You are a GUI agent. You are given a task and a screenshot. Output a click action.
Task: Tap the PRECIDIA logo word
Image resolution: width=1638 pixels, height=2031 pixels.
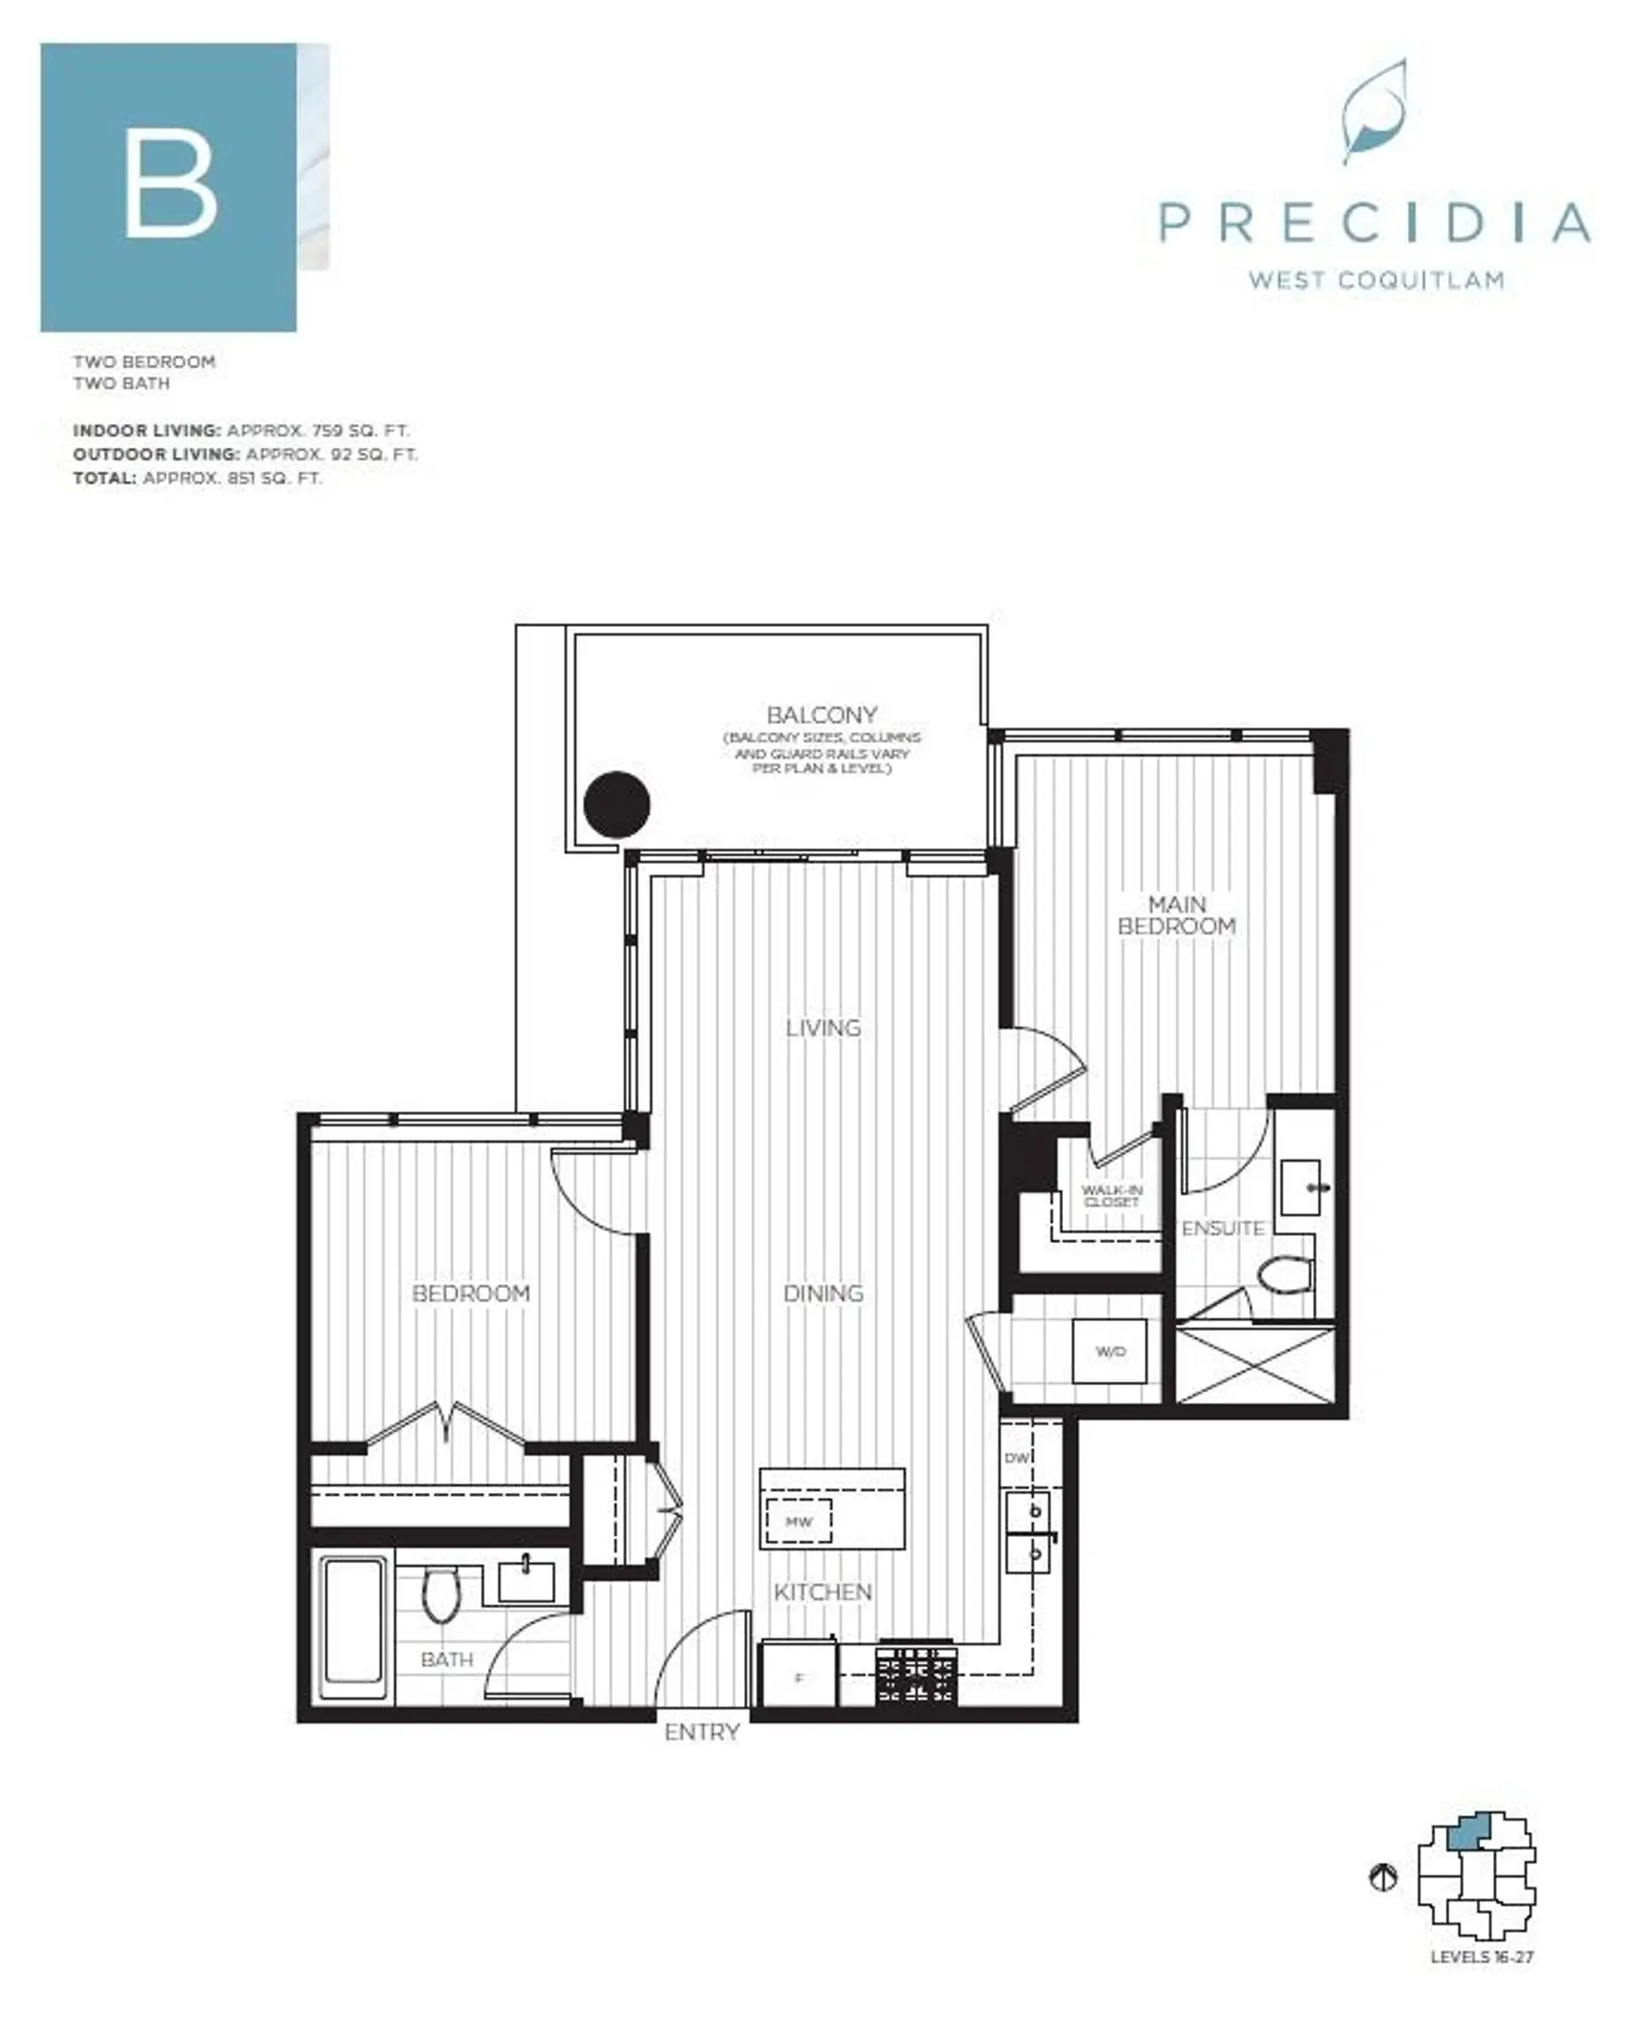coord(1374,223)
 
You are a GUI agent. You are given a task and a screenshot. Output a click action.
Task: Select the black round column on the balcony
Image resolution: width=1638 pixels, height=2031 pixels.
coord(617,804)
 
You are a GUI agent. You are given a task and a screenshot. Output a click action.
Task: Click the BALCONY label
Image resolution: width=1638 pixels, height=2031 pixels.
coord(821,714)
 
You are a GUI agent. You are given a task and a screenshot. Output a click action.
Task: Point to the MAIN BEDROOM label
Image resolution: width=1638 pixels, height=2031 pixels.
coord(1176,915)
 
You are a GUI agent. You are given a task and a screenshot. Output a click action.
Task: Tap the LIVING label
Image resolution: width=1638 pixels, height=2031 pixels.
coord(822,1027)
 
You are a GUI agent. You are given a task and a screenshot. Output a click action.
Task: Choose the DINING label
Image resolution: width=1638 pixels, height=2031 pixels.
coord(822,1293)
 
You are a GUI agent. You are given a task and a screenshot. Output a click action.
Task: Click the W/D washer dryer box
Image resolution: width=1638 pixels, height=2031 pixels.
coord(1110,1352)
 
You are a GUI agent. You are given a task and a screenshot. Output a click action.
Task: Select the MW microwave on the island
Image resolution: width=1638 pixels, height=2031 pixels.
coord(799,1522)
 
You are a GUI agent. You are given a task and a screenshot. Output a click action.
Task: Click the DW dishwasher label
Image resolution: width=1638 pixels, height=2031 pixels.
coord(1016,1458)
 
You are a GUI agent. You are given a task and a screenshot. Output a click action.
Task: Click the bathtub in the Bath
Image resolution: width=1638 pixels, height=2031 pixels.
coord(354,1625)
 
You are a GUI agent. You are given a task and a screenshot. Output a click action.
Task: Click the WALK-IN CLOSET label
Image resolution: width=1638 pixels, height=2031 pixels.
coord(1112,1196)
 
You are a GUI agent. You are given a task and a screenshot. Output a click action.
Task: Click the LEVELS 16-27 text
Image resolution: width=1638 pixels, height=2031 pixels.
coord(1481,1957)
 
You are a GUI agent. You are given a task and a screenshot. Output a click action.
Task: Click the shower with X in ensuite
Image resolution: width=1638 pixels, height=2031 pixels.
coord(1255,1364)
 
